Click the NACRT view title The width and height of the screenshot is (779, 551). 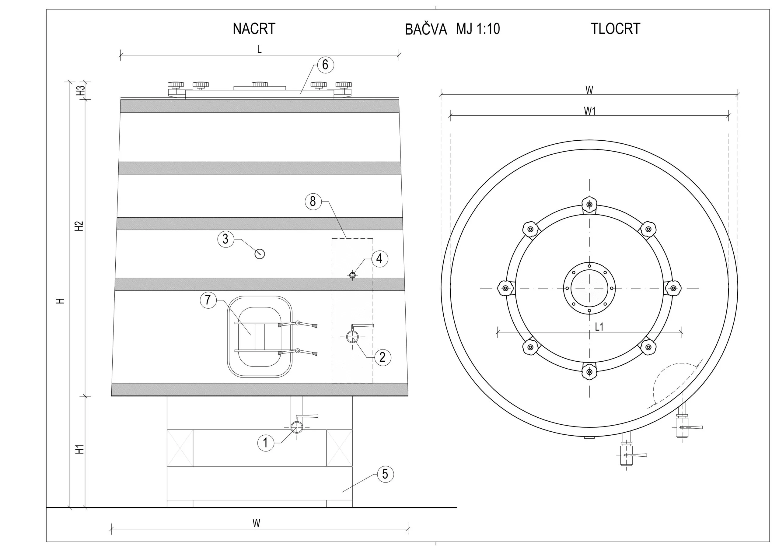[254, 29]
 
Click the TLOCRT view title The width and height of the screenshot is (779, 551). [616, 29]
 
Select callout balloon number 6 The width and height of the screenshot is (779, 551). [325, 65]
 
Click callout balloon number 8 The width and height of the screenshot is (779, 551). [313, 201]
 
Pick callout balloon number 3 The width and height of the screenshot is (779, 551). [225, 239]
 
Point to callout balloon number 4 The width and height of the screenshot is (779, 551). [379, 259]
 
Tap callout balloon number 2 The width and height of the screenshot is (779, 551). [383, 357]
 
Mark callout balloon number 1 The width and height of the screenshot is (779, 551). [266, 443]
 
